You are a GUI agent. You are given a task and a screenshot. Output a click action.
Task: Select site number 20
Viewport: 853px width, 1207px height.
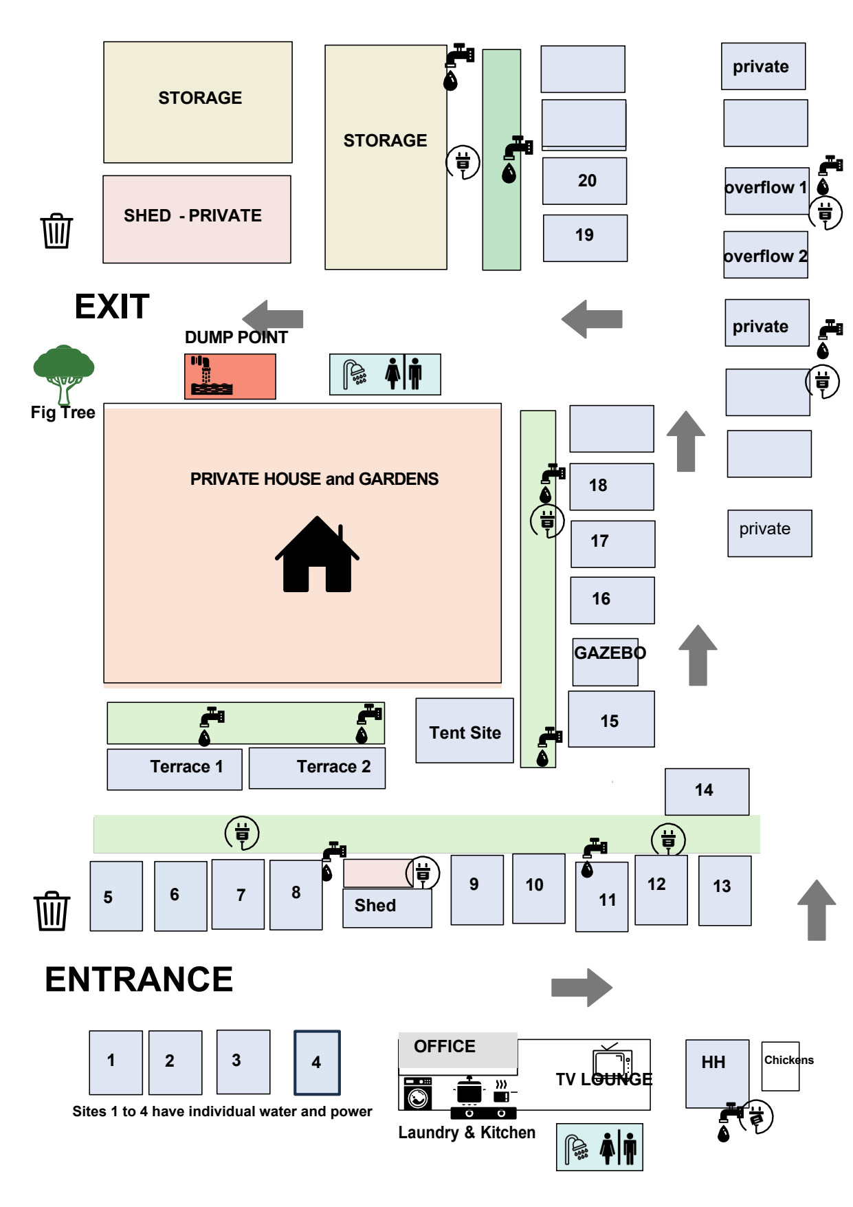tap(585, 181)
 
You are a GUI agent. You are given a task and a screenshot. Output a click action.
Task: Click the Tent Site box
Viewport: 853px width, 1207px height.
tap(465, 731)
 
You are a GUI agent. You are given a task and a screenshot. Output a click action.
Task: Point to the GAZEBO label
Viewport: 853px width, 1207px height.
tap(609, 653)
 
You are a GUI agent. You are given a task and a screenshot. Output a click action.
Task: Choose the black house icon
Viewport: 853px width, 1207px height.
tap(317, 555)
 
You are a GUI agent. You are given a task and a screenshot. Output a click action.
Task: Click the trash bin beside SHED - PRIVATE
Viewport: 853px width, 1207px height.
tap(56, 231)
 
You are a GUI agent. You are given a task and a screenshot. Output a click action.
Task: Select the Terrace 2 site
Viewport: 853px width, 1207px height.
tap(318, 768)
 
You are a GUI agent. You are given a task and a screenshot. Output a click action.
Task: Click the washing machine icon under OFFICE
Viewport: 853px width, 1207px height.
tap(417, 1094)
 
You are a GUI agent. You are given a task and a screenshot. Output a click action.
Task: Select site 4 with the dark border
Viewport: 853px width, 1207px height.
tap(317, 1062)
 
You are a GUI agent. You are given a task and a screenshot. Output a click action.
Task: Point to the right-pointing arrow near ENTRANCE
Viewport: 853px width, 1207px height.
tap(581, 988)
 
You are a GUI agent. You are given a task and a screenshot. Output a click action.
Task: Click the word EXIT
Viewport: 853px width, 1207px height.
tap(111, 307)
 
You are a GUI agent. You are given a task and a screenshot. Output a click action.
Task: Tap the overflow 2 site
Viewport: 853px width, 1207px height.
tap(766, 256)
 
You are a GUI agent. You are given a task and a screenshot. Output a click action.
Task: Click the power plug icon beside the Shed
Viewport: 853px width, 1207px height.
tap(423, 873)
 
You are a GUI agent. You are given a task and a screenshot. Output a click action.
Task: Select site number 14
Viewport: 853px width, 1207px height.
tap(707, 791)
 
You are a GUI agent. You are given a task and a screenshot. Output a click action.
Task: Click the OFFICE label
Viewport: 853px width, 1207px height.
tap(444, 1047)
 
